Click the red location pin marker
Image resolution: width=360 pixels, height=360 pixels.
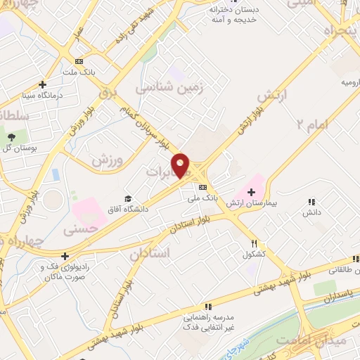[181, 165]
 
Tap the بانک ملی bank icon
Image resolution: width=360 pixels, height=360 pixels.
[202, 187]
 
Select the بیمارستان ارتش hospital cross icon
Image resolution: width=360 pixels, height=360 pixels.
[251, 191]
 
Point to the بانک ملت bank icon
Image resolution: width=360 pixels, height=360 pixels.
[79, 61]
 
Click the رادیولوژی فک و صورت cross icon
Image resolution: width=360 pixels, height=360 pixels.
[65, 257]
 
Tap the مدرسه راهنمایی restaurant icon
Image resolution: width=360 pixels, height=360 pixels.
[207, 307]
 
